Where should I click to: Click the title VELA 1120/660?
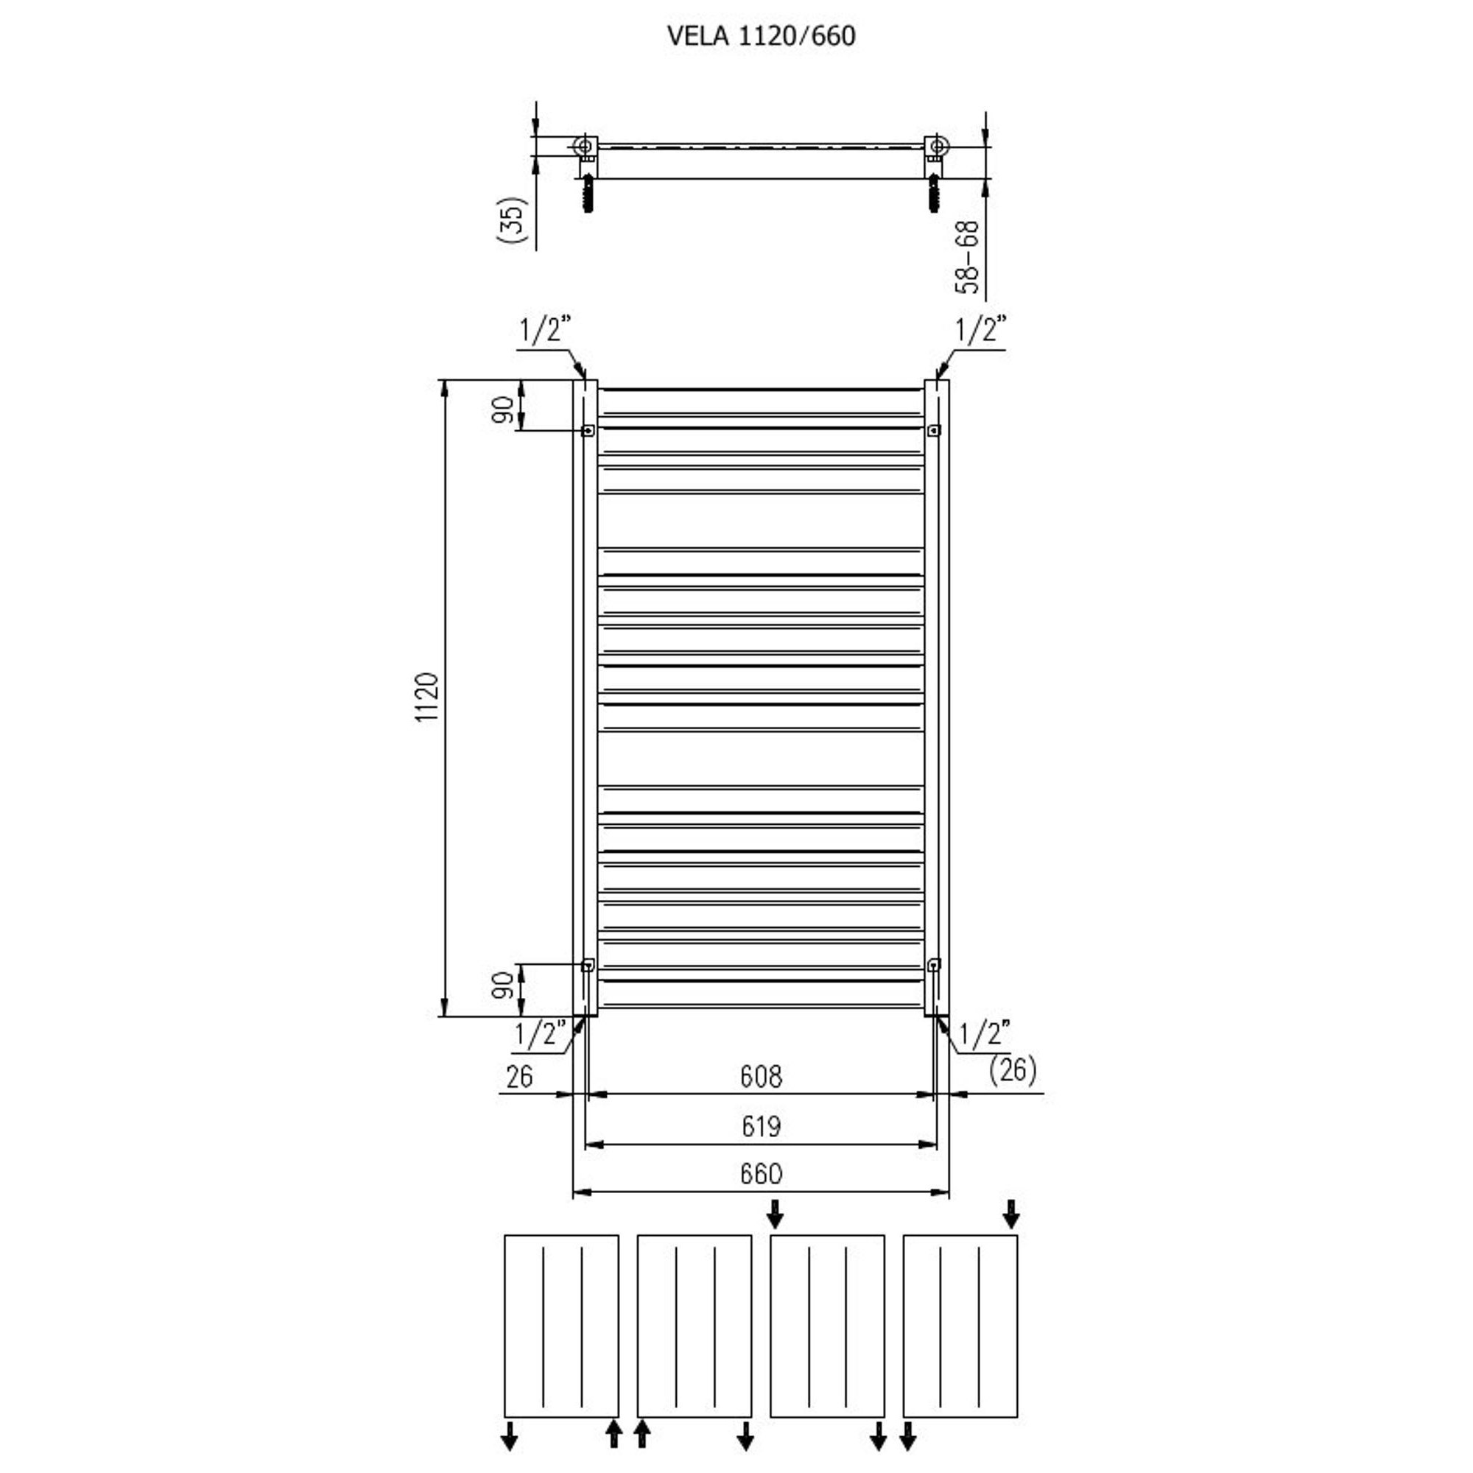coord(761,36)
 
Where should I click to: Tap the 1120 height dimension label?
coord(428,697)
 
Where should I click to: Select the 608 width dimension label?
coord(761,1076)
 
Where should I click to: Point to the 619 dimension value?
coord(761,1126)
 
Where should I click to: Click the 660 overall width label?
coord(761,1173)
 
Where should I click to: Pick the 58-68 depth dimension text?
coord(967,257)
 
